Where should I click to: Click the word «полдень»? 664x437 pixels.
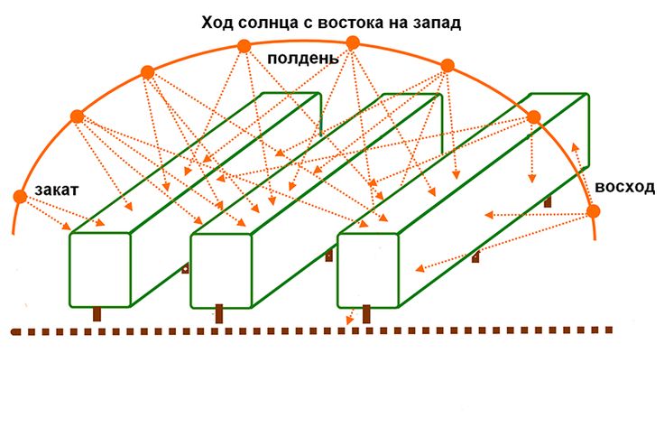coord(303,59)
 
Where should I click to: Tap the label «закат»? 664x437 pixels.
coord(56,190)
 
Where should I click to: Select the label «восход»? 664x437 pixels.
coord(624,187)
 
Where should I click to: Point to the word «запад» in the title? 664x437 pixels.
coord(436,23)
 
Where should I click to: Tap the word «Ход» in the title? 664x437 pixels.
coord(217,22)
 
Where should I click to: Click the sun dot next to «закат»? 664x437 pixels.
coord(20,197)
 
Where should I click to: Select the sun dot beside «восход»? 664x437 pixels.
coord(594,211)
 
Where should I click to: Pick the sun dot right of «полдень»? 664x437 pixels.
coord(353,42)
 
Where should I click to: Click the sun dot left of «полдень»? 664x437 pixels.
coord(244,46)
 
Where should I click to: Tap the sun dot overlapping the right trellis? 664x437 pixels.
coord(533,117)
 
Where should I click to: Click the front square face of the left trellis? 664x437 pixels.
coord(100,270)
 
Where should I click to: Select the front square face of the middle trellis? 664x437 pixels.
coord(221,271)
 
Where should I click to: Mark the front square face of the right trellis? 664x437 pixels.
coord(368,271)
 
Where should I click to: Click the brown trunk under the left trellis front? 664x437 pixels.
coord(97,314)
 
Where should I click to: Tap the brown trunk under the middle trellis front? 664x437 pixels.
coord(219,314)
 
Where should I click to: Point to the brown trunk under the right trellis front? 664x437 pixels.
coord(366,314)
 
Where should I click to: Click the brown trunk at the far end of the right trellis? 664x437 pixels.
coord(548,201)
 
